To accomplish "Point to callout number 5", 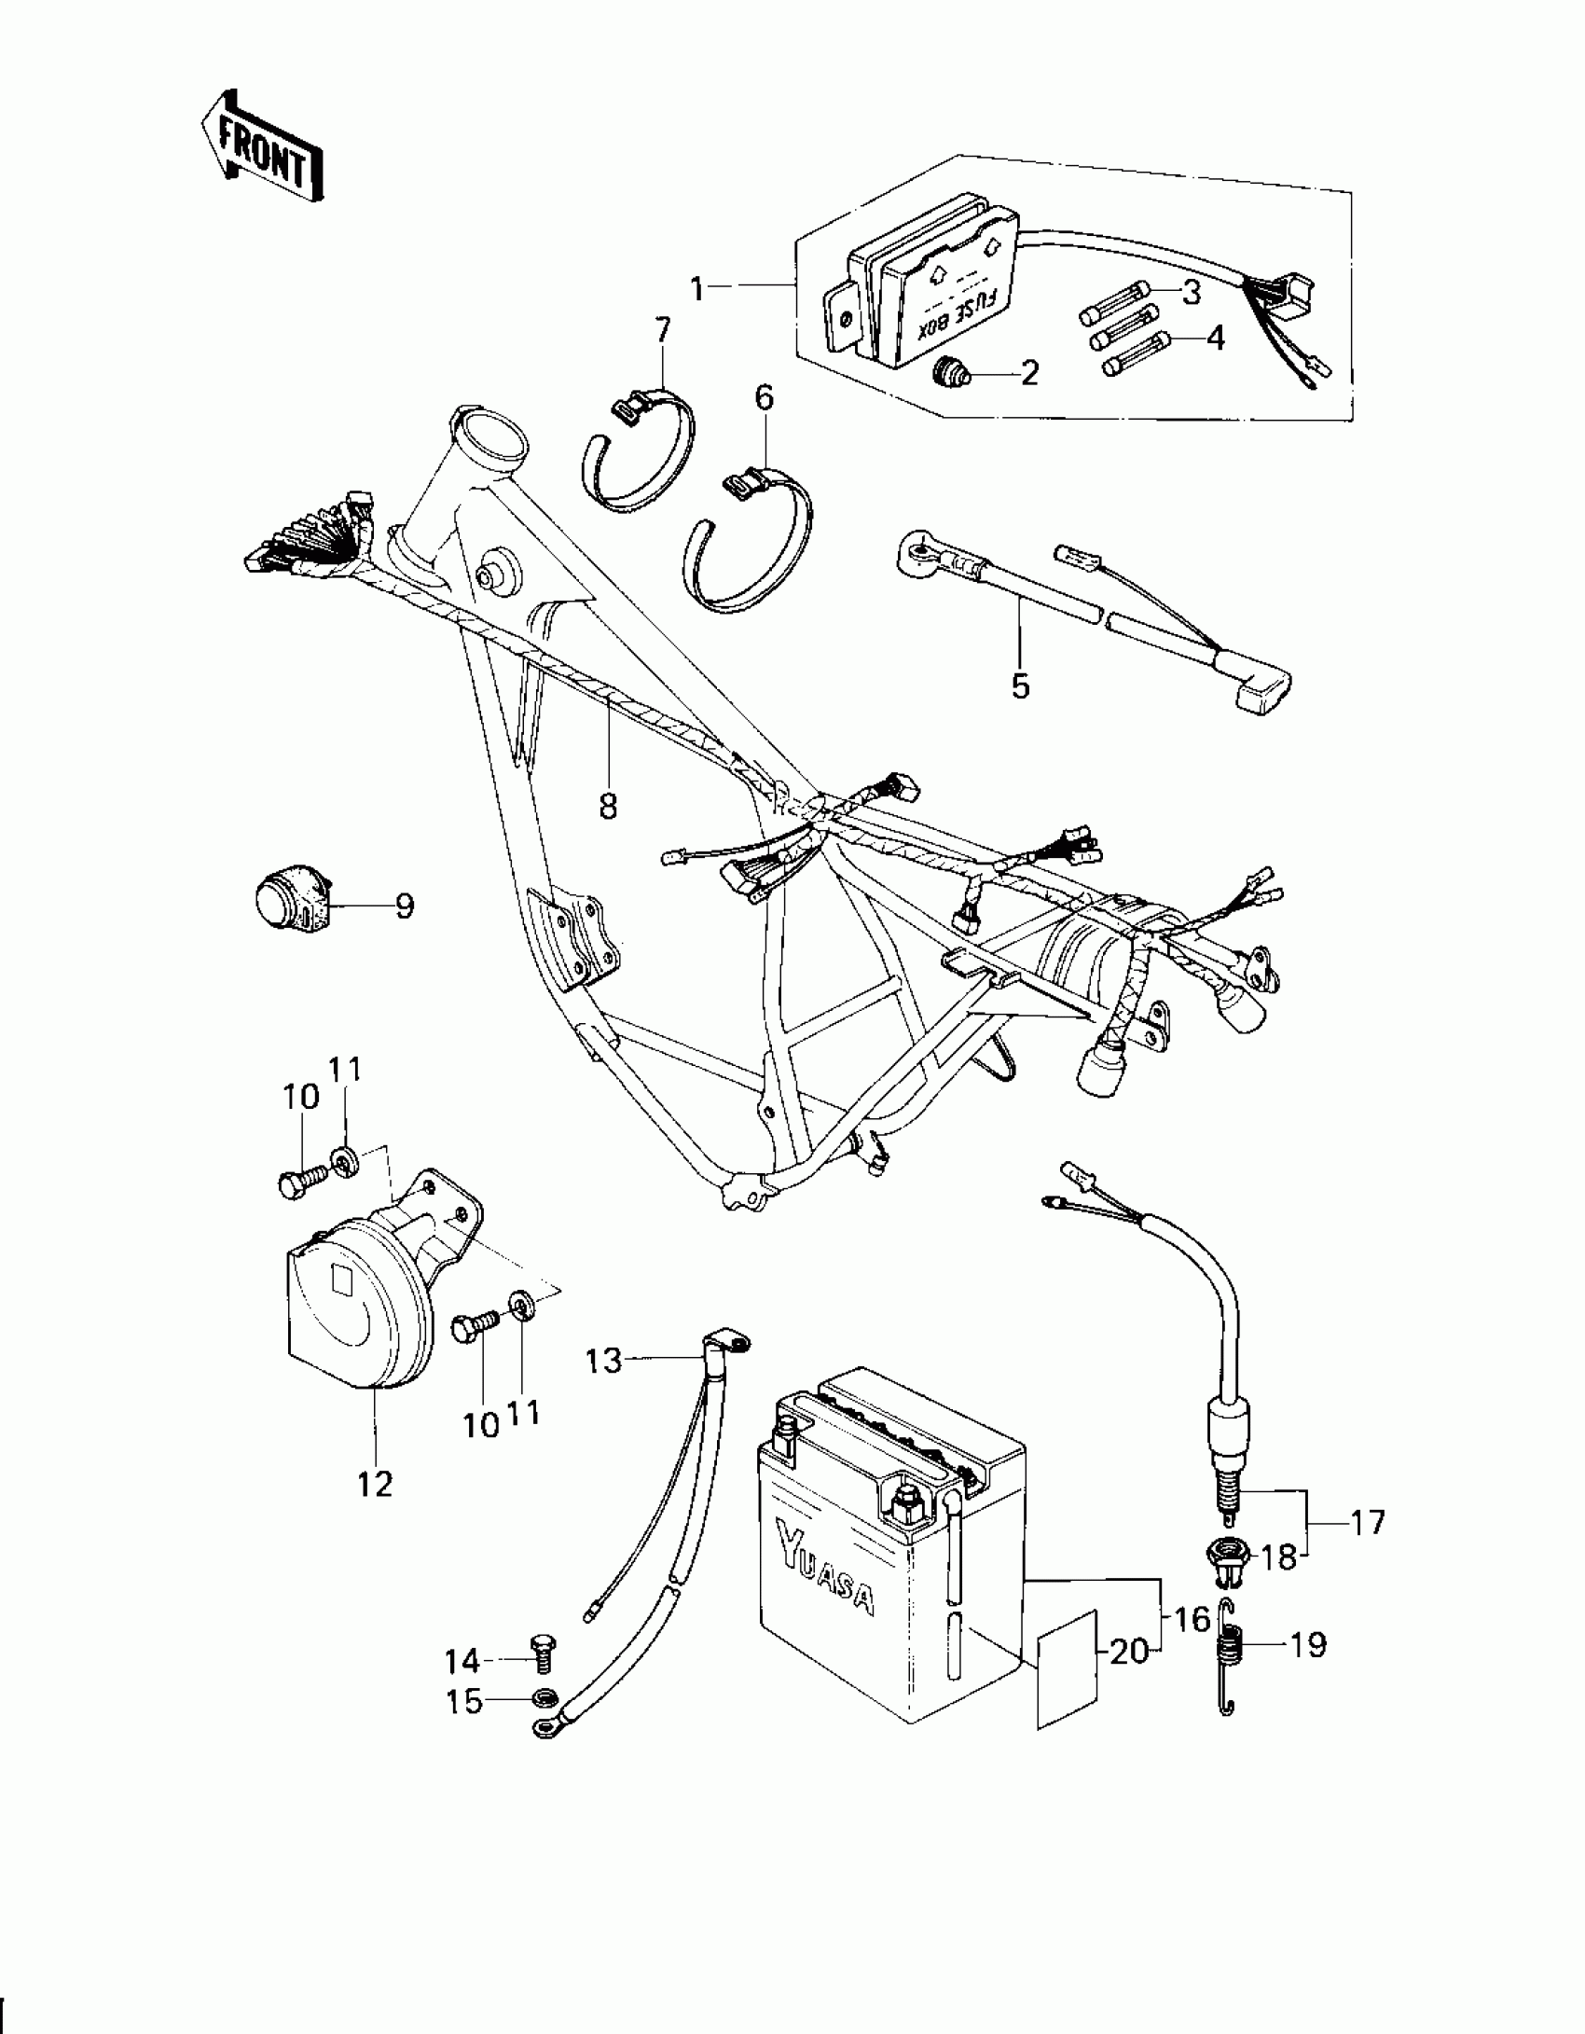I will (x=1020, y=686).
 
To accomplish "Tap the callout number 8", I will (x=608, y=806).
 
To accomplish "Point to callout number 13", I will (x=603, y=1362).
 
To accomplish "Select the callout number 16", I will (x=1192, y=1620).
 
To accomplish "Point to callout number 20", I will (x=1129, y=1653).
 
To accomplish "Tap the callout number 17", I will (x=1368, y=1523).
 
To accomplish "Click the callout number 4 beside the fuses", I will (x=1215, y=339).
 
